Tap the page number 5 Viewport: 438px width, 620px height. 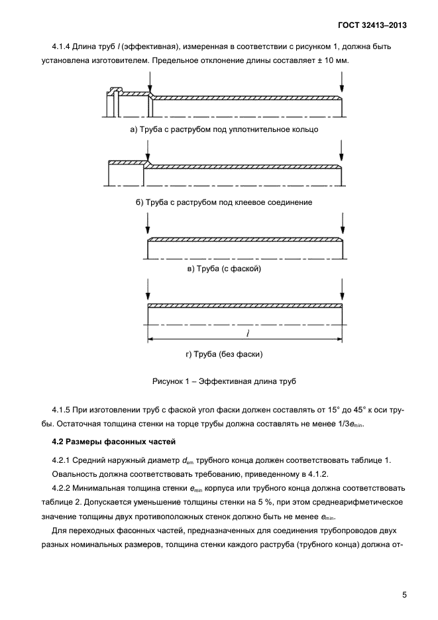click(404, 594)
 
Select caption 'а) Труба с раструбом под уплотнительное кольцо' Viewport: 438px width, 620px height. click(224, 129)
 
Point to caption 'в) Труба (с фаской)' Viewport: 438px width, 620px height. click(225, 269)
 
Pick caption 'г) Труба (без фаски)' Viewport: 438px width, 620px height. click(225, 354)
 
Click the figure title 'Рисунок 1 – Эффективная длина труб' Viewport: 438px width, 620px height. click(225, 382)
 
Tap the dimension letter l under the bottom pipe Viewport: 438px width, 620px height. click(246, 333)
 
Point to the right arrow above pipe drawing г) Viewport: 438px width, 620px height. click(342, 291)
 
